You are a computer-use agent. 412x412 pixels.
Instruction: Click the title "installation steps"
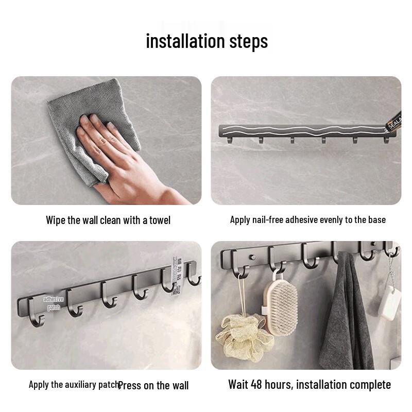click(x=207, y=41)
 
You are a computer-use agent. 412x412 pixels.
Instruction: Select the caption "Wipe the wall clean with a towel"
click(x=108, y=220)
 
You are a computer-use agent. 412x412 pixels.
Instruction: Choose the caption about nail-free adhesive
click(x=307, y=220)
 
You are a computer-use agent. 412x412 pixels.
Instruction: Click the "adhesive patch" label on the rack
click(x=54, y=303)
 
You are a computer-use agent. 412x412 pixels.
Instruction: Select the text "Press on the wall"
click(x=153, y=385)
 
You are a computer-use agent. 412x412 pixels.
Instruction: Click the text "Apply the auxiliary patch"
click(x=74, y=385)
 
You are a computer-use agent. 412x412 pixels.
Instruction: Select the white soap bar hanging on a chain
click(x=389, y=303)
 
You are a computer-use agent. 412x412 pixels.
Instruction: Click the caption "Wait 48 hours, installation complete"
click(x=309, y=385)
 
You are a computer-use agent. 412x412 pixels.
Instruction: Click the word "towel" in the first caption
click(x=160, y=220)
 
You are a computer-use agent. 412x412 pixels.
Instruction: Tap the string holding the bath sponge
click(x=241, y=296)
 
